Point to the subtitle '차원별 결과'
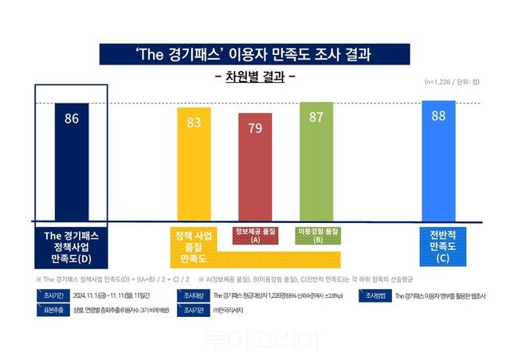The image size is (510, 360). click(255, 78)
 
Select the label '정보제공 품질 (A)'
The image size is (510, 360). click(255, 234)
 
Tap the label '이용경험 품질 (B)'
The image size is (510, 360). click(317, 234)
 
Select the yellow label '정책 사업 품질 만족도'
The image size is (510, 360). click(194, 247)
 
